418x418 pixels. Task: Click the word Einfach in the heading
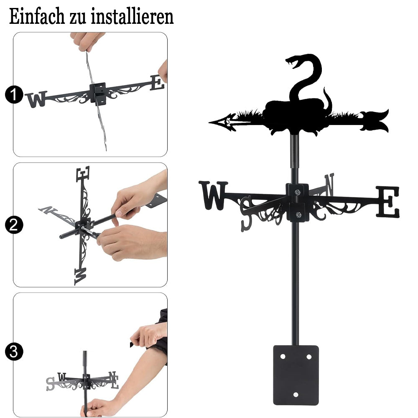tap(36, 17)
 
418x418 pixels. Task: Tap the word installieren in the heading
tap(132, 17)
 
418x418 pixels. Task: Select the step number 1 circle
tap(14, 94)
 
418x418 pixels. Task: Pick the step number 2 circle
tap(14, 225)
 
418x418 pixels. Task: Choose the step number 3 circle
tap(14, 352)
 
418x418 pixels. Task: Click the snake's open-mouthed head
tap(295, 61)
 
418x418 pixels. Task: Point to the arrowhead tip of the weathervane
tap(209, 122)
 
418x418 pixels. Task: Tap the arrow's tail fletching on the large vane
tap(375, 121)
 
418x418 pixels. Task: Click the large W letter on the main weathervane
tap(213, 195)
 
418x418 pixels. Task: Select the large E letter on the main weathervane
tap(388, 201)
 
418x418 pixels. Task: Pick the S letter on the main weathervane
tap(246, 214)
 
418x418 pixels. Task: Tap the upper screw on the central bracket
tap(298, 192)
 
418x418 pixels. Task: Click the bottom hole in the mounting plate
tap(296, 395)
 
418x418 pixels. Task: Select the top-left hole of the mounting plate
tap(283, 357)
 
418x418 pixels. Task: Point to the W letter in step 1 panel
tap(36, 99)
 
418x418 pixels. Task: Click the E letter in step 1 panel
tap(157, 83)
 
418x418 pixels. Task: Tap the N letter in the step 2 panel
tap(48, 210)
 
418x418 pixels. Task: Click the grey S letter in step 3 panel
tap(50, 384)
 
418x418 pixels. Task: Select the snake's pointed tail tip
tap(324, 88)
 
